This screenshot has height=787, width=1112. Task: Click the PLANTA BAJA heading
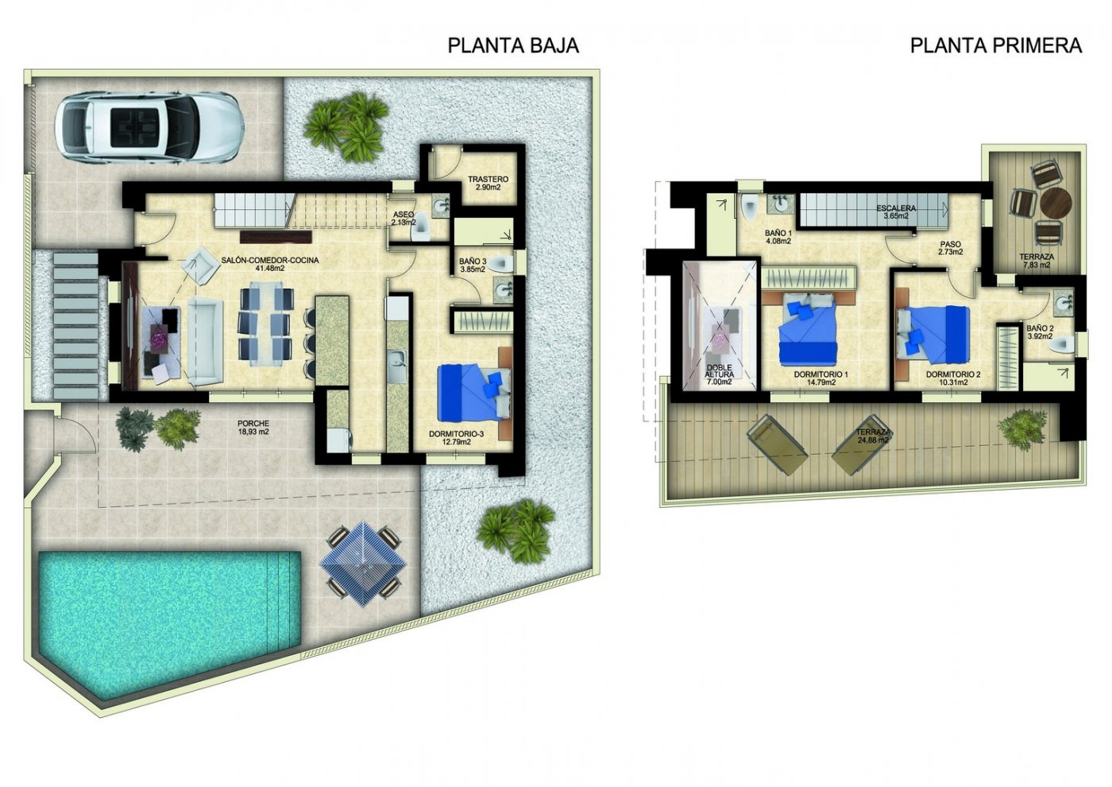click(513, 45)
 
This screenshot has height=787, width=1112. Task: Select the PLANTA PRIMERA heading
click(995, 45)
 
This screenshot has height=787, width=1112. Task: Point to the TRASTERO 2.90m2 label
click(488, 184)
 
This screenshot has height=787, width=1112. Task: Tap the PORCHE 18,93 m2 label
click(253, 428)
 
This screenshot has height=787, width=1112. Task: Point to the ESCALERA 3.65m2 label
click(896, 212)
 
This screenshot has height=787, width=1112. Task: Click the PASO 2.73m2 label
click(950, 249)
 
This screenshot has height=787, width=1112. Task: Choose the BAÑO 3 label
click(473, 265)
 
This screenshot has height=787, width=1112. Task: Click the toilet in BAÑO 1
click(750, 207)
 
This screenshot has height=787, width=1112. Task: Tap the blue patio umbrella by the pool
click(363, 556)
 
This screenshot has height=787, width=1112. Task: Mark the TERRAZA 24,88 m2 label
click(874, 436)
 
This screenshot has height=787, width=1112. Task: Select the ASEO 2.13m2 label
click(403, 219)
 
